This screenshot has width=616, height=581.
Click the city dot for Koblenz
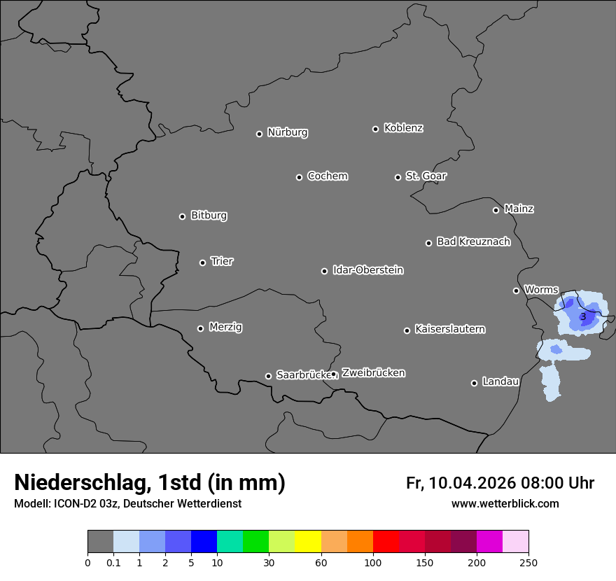(375, 129)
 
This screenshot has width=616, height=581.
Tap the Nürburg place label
(287, 132)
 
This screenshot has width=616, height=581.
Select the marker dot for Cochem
(299, 177)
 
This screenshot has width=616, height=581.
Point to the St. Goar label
(426, 176)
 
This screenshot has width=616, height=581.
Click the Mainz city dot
(496, 210)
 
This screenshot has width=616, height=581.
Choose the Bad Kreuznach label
(473, 241)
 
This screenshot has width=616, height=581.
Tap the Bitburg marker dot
(182, 216)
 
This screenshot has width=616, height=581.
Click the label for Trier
(222, 261)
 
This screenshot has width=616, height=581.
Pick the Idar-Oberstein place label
(367, 269)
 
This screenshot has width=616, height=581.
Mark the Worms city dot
(516, 290)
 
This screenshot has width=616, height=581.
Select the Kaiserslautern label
(449, 329)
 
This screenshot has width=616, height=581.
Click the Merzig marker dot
(200, 328)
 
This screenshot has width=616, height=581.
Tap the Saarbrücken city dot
(268, 376)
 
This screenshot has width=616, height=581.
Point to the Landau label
(500, 381)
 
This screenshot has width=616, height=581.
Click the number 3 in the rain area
(583, 316)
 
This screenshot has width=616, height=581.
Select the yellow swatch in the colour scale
(308, 542)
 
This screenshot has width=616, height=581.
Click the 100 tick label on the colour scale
(373, 563)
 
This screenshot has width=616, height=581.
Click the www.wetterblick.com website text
(505, 503)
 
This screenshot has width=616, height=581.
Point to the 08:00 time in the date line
(545, 483)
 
